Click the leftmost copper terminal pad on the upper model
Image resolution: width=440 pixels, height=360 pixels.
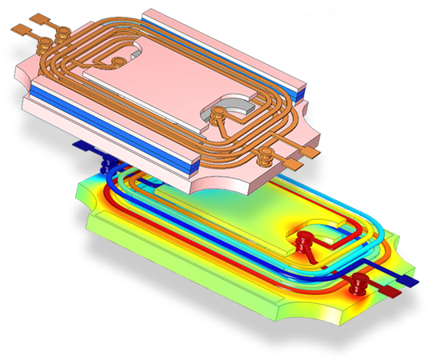[x=18, y=26]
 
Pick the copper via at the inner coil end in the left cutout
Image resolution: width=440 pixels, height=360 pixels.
[x=117, y=62]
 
